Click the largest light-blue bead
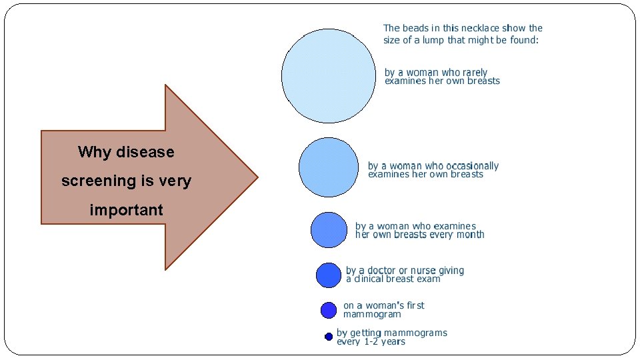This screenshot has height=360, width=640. (329, 75)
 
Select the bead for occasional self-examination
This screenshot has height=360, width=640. (329, 167)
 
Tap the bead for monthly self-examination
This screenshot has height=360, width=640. (329, 229)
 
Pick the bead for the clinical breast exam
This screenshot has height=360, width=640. (328, 275)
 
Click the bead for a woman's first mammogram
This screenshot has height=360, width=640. (329, 310)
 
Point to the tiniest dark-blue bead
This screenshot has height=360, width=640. (329, 337)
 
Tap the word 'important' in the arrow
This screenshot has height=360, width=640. (126, 210)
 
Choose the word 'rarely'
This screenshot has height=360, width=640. (473, 72)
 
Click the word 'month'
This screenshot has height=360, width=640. (470, 235)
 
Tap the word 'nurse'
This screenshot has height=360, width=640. (423, 271)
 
